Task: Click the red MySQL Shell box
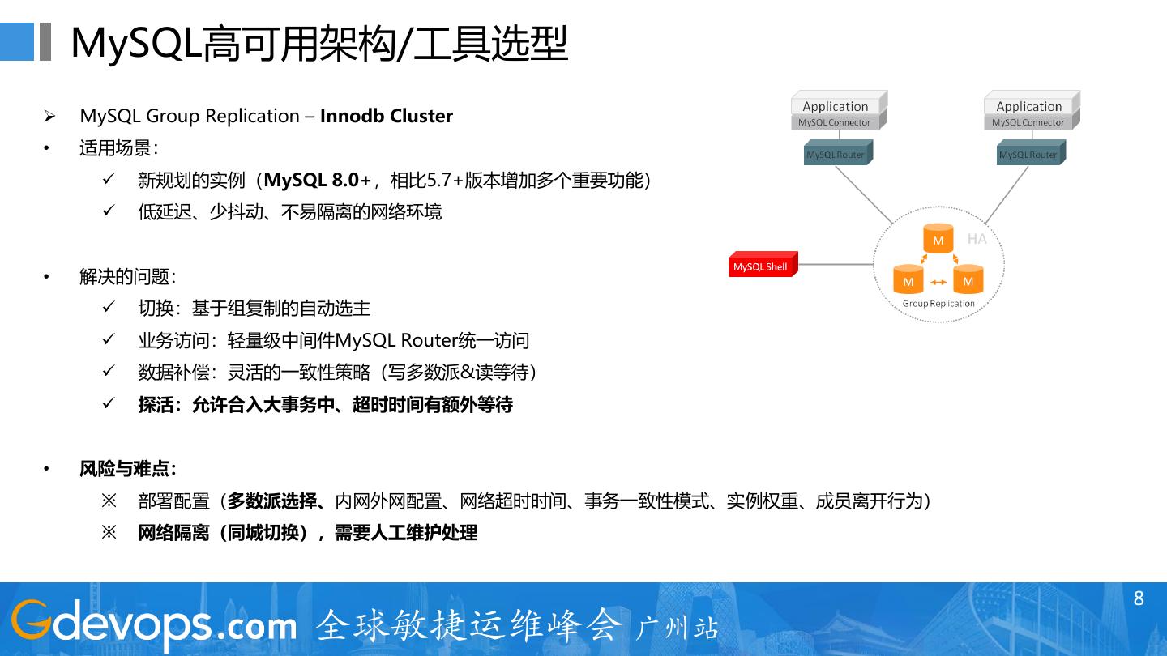761,266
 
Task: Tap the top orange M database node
938,240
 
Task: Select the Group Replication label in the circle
938,304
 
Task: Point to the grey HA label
977,239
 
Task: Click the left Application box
836,106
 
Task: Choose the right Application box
1028,106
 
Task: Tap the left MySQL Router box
835,155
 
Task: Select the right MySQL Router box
1028,155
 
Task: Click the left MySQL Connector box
834,122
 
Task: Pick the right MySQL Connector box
1028,122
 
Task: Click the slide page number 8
1139,598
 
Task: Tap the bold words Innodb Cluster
387,116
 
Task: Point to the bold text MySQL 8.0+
318,180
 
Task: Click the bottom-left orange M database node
908,280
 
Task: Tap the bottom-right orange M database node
968,280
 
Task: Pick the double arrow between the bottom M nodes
938,282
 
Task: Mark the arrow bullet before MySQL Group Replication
49,117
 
